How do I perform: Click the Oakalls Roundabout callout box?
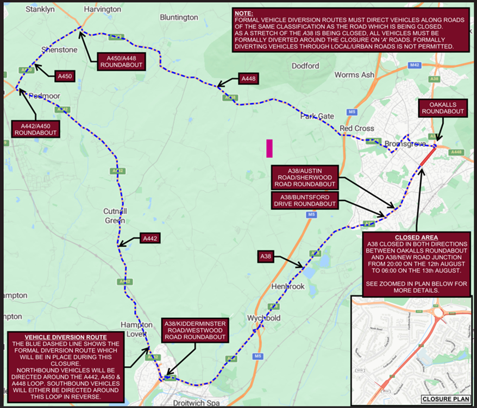(442, 108)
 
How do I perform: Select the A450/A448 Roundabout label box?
(122, 61)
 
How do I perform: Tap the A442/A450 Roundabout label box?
(35, 128)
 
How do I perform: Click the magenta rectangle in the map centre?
(269, 148)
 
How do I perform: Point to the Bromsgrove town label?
(403, 144)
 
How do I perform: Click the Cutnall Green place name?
(115, 216)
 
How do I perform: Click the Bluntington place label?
(179, 17)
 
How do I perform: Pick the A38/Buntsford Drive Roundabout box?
(305, 200)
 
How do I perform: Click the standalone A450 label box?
(64, 76)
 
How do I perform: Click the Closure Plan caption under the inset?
(445, 399)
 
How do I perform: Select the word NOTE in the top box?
(244, 12)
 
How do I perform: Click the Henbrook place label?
(287, 286)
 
